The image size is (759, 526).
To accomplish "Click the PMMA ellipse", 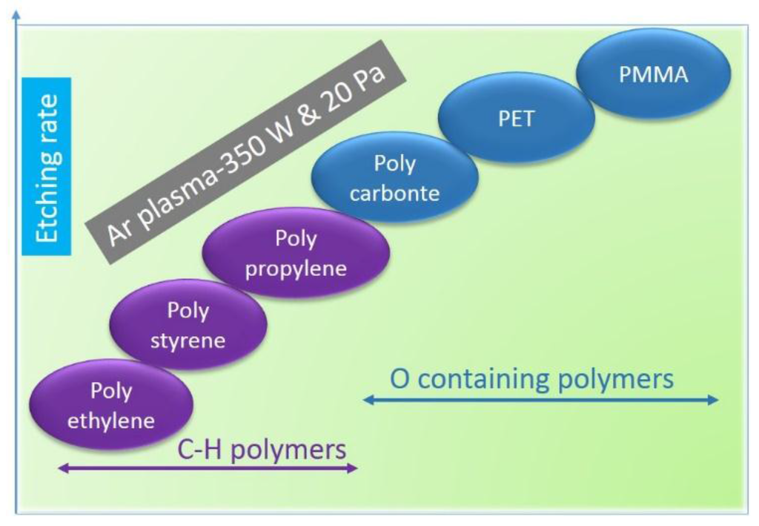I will point(653,74).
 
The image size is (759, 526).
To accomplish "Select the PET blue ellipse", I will point(517,118).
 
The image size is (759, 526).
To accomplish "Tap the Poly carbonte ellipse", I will point(394,178).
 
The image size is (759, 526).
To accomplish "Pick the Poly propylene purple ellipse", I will point(296,252).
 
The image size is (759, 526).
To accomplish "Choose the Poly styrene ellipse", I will point(188,324).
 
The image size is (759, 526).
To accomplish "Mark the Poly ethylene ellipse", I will point(111,404).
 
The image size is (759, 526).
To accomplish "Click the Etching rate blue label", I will point(46,166).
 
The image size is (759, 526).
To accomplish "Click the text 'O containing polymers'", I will point(531,378).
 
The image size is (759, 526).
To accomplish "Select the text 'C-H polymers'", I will point(262,450).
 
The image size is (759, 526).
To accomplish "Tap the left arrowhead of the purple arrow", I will point(62,468).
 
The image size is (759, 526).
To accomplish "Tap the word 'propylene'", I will point(296,267).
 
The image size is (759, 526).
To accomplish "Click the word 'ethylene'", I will point(111,421).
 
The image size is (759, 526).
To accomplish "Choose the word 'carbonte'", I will point(394,194).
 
